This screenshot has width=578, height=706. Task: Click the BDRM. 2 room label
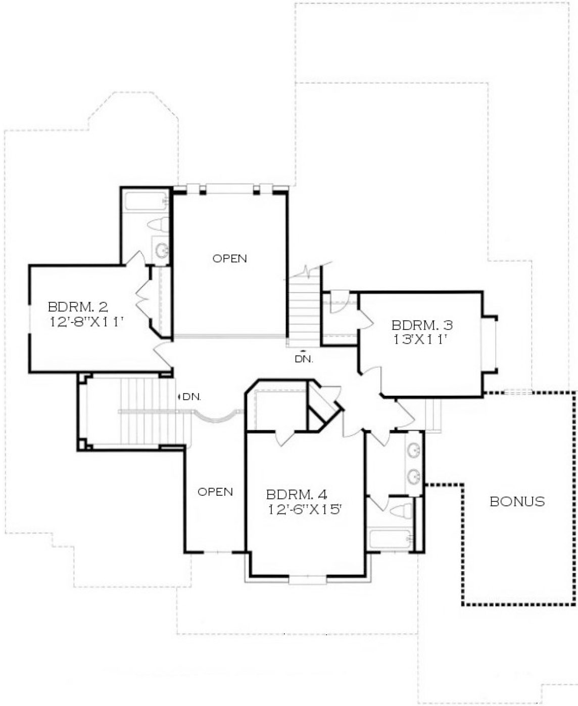tap(78, 307)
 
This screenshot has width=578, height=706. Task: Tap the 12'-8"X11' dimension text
tap(87, 322)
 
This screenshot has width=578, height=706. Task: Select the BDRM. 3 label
tap(422, 325)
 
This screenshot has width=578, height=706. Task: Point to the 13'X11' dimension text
tap(420, 340)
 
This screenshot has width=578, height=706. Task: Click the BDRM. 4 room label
tap(297, 494)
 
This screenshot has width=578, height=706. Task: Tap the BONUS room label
tap(517, 501)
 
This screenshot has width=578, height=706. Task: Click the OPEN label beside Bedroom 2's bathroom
tap(229, 258)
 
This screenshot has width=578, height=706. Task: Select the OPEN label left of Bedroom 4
tap(215, 492)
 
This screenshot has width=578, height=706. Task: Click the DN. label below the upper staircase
tap(304, 359)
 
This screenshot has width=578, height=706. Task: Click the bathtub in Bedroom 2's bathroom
tap(146, 201)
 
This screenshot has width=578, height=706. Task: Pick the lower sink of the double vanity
tap(414, 475)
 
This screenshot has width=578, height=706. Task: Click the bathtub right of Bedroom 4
tap(390, 539)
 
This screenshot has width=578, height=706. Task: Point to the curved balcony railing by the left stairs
tap(215, 417)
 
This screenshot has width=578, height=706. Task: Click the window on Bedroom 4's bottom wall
tap(307, 579)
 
